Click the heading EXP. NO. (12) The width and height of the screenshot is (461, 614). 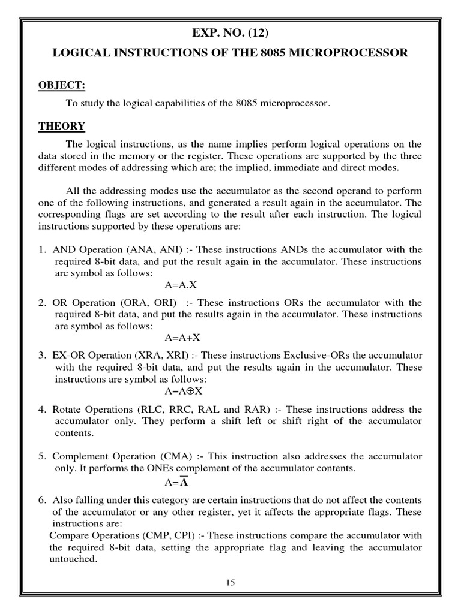[x=230, y=32]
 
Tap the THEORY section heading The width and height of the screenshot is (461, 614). [x=62, y=126]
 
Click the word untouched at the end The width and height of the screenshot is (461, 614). [x=73, y=558]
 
